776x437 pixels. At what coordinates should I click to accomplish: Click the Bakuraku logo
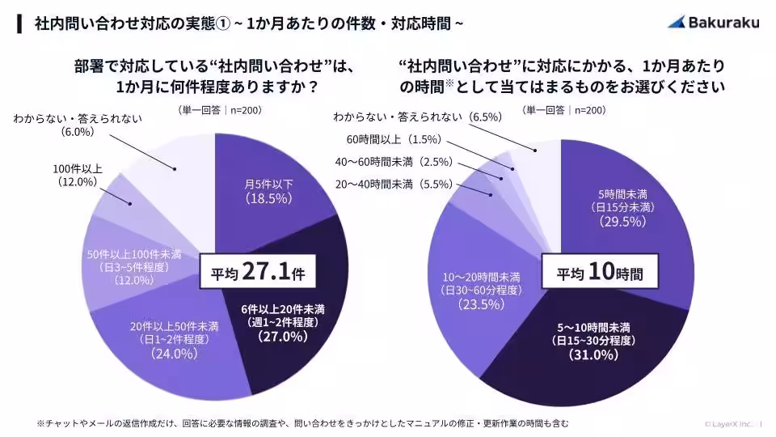[x=713, y=23]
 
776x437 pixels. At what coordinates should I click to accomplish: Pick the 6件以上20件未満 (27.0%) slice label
[x=282, y=322]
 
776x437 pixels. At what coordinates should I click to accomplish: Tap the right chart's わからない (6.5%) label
[x=417, y=117]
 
